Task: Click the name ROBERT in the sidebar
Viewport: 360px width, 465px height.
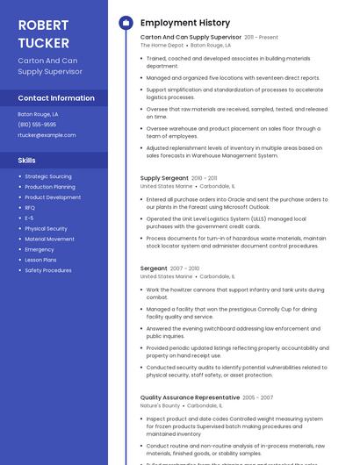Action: (43, 25)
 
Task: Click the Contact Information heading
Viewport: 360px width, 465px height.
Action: (56, 98)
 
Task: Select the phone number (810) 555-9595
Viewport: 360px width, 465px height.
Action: (37, 125)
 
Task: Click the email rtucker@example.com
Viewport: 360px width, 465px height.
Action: (47, 135)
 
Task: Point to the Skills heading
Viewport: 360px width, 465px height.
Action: (26, 161)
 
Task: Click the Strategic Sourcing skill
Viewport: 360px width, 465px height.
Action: (48, 176)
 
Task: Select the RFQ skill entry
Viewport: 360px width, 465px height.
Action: (30, 208)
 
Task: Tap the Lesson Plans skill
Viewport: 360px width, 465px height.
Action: (41, 260)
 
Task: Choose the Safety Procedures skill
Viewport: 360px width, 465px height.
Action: (48, 270)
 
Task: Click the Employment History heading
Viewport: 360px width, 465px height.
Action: (185, 23)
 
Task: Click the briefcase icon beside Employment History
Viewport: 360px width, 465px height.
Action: (125, 23)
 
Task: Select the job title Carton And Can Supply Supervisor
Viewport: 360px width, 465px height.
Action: (191, 38)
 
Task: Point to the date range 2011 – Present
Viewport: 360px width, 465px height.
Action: (262, 38)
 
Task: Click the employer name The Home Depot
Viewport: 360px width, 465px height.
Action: (162, 45)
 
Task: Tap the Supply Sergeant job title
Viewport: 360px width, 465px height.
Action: (164, 178)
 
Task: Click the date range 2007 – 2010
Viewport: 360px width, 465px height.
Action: (185, 268)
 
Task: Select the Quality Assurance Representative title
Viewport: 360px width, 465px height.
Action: (190, 397)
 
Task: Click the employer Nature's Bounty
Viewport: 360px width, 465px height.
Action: (160, 405)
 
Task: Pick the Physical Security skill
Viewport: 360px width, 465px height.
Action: (46, 228)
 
